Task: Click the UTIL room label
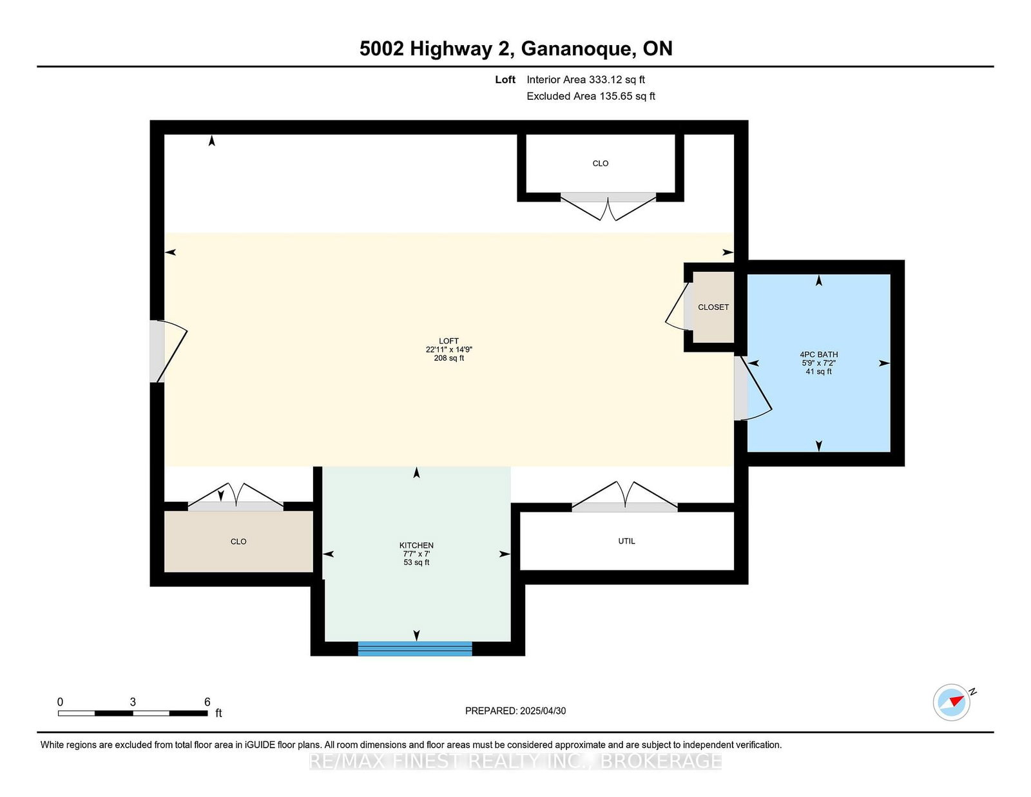coord(626,541)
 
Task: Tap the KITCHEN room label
coord(416,545)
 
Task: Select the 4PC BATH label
coord(818,354)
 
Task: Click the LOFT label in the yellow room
coord(448,341)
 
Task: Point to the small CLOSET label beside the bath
coord(713,307)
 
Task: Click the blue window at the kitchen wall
coord(415,648)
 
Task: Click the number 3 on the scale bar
coord(133,702)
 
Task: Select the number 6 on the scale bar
coord(207,702)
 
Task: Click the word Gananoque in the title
coord(579,49)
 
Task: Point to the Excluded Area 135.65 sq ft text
coord(591,96)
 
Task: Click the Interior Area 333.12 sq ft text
coord(586,80)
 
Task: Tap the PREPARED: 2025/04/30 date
coord(515,711)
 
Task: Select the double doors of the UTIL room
coord(625,495)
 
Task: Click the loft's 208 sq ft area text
coord(448,358)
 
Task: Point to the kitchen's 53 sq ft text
coord(416,562)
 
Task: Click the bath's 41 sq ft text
coord(818,372)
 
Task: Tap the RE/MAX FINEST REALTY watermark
coord(515,761)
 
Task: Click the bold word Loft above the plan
coord(505,80)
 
